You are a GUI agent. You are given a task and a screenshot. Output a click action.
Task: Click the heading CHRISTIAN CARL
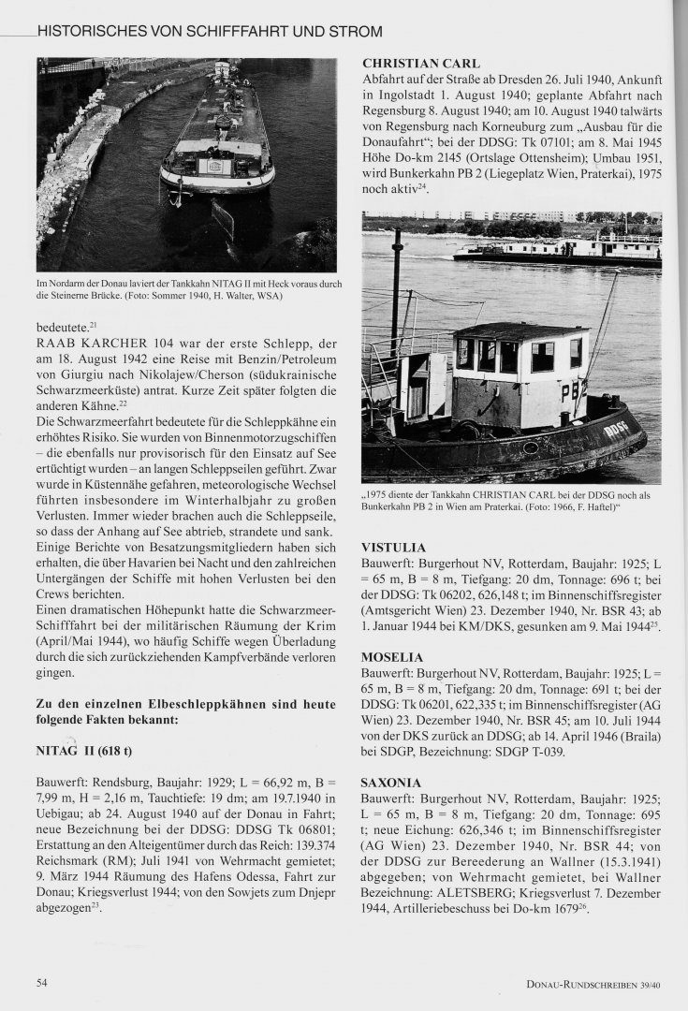click(x=415, y=64)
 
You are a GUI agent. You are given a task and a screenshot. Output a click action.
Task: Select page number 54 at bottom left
click(x=42, y=982)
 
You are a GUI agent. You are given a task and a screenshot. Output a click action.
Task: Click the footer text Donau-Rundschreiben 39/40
click(x=595, y=983)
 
